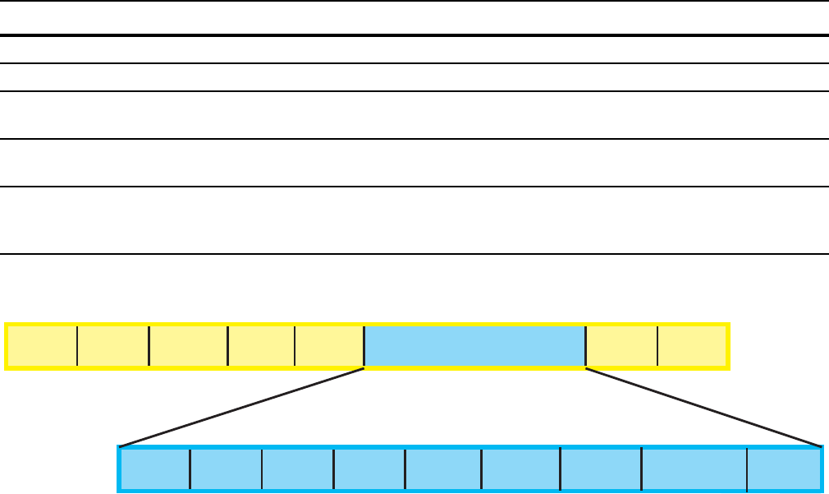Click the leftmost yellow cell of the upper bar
(42, 346)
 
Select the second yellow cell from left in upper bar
(113, 346)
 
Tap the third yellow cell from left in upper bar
(189, 346)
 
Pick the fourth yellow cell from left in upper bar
(261, 346)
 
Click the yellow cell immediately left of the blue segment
(329, 346)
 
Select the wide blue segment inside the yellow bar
(474, 346)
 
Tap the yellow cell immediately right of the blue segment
(621, 346)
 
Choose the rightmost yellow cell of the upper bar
(692, 346)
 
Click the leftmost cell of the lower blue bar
(156, 469)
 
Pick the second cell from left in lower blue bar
(227, 469)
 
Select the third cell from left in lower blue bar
(298, 469)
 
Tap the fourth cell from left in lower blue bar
(369, 469)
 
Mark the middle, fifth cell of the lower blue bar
(443, 469)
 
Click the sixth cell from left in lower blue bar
(520, 469)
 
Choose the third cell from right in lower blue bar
(600, 469)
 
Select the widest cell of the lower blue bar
(694, 469)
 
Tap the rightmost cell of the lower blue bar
(783, 469)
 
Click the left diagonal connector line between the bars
(242, 408)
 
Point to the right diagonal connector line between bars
(704, 408)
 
